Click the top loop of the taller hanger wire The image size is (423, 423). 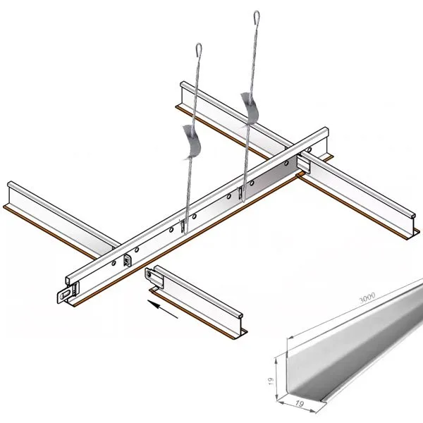[257, 18]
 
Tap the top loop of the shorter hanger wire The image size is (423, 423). [199, 49]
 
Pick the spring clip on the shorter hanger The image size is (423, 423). [192, 141]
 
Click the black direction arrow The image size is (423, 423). [162, 309]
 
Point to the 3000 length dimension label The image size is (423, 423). [367, 298]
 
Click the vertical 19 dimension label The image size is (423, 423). [271, 381]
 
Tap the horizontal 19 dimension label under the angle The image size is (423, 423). [299, 403]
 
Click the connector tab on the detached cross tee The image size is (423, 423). [149, 275]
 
